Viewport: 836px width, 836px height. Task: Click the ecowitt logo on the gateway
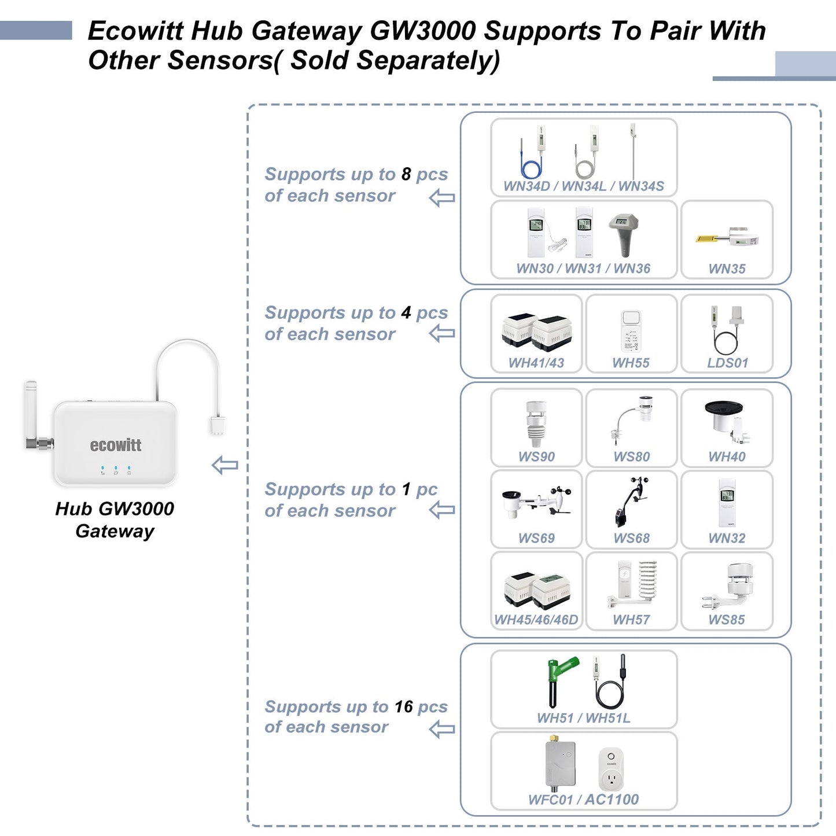pyautogui.click(x=115, y=445)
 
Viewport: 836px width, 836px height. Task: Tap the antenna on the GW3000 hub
pyautogui.click(x=31, y=413)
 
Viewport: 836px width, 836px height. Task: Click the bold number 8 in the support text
pyautogui.click(x=406, y=174)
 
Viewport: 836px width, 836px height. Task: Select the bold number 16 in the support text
pyautogui.click(x=403, y=706)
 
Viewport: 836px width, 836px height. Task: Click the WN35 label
pyautogui.click(x=727, y=268)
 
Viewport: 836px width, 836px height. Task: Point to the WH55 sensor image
pyautogui.click(x=631, y=330)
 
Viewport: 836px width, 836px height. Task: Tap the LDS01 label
pyautogui.click(x=727, y=363)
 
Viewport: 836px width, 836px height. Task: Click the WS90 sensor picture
pyautogui.click(x=536, y=424)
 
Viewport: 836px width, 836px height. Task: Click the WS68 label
pyautogui.click(x=631, y=538)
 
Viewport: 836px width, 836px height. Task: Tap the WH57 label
pyautogui.click(x=631, y=620)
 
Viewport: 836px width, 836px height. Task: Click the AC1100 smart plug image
pyautogui.click(x=611, y=769)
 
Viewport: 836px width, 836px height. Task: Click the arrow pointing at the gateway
pyautogui.click(x=224, y=465)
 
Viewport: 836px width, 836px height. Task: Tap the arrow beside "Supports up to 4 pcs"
pyautogui.click(x=442, y=333)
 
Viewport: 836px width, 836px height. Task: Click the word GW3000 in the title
pyautogui.click(x=422, y=31)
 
